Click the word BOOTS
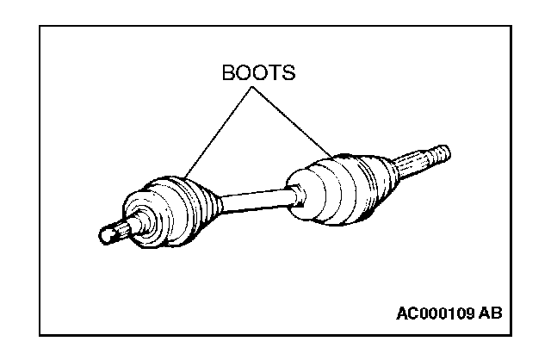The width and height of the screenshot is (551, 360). pos(258,71)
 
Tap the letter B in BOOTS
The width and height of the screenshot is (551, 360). pos(228,71)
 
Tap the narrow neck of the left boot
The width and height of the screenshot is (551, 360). pos(215,205)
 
